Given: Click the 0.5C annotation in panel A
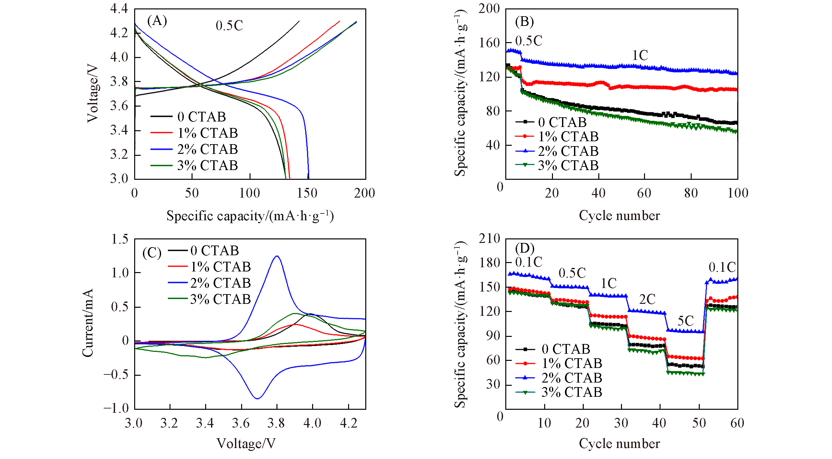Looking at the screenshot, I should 229,26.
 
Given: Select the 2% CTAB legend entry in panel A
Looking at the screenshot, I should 207,149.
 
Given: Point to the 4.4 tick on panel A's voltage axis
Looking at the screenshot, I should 119,9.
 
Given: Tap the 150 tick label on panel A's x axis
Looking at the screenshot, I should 307,193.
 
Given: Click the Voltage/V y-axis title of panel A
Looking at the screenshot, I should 93,93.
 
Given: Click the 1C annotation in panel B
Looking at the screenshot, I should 640,55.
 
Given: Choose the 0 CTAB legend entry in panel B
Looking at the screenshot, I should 562,122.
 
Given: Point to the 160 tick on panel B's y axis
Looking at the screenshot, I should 489,43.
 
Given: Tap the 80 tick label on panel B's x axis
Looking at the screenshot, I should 691,193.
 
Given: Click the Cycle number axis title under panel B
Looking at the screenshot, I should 619,216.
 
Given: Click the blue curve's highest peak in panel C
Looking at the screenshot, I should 277,256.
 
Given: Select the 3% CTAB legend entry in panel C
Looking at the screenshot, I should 220,299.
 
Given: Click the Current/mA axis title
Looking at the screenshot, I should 88,323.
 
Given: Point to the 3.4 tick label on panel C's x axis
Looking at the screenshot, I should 205,423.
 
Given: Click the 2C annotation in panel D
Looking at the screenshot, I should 647,299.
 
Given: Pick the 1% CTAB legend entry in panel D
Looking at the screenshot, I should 572,363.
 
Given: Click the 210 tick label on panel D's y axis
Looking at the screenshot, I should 489,239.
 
